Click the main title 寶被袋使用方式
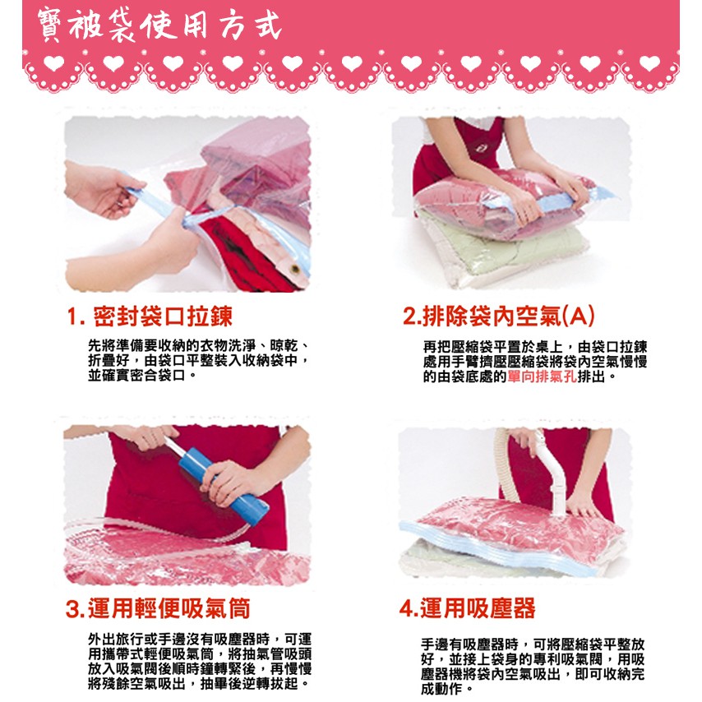click(159, 25)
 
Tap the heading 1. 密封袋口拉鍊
click(150, 316)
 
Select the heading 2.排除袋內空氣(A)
click(499, 316)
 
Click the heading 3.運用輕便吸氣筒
click(158, 608)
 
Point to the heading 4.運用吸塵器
click(467, 608)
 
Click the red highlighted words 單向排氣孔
click(542, 376)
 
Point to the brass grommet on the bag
click(294, 270)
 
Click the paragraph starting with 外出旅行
click(199, 661)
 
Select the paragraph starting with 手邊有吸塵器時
click(533, 666)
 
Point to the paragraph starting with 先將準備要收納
click(198, 360)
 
